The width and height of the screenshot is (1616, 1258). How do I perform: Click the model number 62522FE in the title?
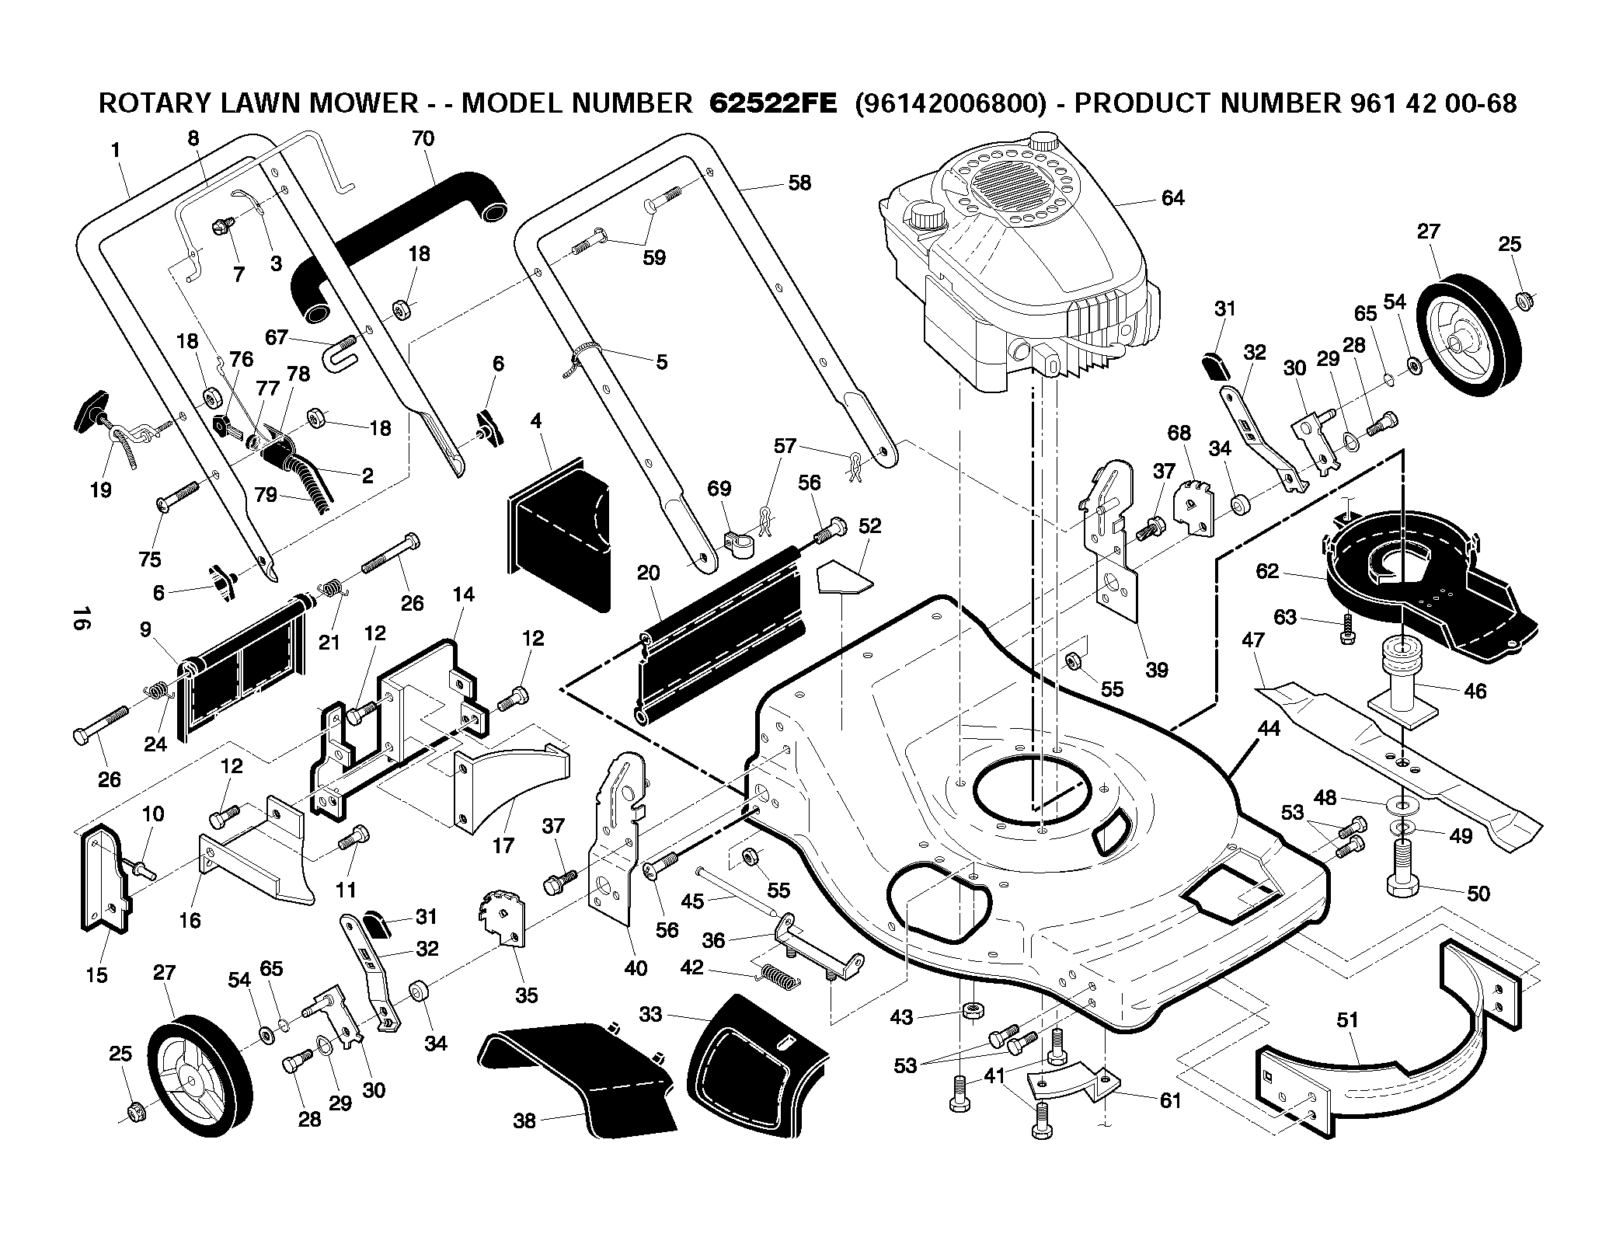[773, 103]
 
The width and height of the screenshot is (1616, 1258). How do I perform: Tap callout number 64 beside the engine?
[1172, 198]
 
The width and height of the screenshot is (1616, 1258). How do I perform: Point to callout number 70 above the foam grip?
[423, 139]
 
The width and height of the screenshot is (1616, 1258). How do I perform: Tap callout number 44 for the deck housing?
[1268, 729]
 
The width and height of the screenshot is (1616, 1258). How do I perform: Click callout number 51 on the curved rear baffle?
[1347, 1019]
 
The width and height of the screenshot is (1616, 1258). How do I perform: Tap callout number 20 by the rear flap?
[648, 573]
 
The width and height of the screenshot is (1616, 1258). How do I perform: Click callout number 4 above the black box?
[536, 422]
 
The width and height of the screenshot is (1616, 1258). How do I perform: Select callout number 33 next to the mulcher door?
[650, 1015]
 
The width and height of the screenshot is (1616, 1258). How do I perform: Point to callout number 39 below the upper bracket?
[1157, 671]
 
